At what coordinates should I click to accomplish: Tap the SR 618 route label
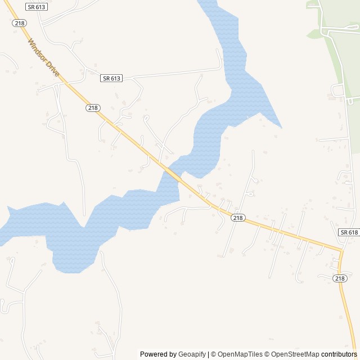coord(349,232)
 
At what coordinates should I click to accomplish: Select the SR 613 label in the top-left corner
coord(37,6)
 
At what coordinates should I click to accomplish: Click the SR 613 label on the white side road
coord(111,78)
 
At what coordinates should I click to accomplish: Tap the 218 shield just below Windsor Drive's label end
coord(93,107)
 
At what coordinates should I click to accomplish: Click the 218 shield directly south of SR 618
coord(339,278)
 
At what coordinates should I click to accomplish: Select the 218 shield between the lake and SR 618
coord(238,218)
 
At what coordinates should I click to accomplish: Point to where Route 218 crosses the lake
coord(174,174)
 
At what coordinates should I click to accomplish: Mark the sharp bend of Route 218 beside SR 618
coord(341,249)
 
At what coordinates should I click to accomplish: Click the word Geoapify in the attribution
coord(192,354)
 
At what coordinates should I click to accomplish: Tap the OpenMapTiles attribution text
coord(240,354)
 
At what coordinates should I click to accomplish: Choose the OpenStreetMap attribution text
coord(295,354)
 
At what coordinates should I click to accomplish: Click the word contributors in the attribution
coord(339,354)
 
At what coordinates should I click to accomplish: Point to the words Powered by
coord(158,354)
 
